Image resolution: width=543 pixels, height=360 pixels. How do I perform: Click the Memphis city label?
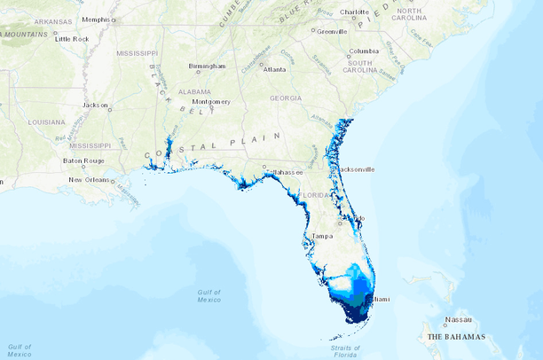(x=98, y=19)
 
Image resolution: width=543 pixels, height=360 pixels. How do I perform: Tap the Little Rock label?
(x=72, y=39)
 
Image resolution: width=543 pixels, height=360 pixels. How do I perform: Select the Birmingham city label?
(x=206, y=66)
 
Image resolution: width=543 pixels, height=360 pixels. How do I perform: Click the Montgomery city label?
(x=211, y=101)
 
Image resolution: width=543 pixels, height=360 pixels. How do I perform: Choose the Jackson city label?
(x=95, y=105)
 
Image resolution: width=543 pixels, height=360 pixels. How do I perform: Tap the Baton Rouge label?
(x=83, y=160)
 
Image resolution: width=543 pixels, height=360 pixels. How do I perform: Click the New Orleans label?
(x=90, y=180)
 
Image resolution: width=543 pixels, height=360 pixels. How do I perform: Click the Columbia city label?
(x=364, y=51)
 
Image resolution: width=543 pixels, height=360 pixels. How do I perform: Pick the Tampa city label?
(x=322, y=236)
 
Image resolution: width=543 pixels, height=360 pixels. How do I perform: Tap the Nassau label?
(x=459, y=320)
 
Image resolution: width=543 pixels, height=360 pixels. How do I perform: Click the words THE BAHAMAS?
(x=456, y=338)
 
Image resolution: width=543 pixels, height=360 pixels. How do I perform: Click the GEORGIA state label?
(x=286, y=98)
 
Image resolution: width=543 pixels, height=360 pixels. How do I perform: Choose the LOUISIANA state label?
(x=46, y=121)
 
